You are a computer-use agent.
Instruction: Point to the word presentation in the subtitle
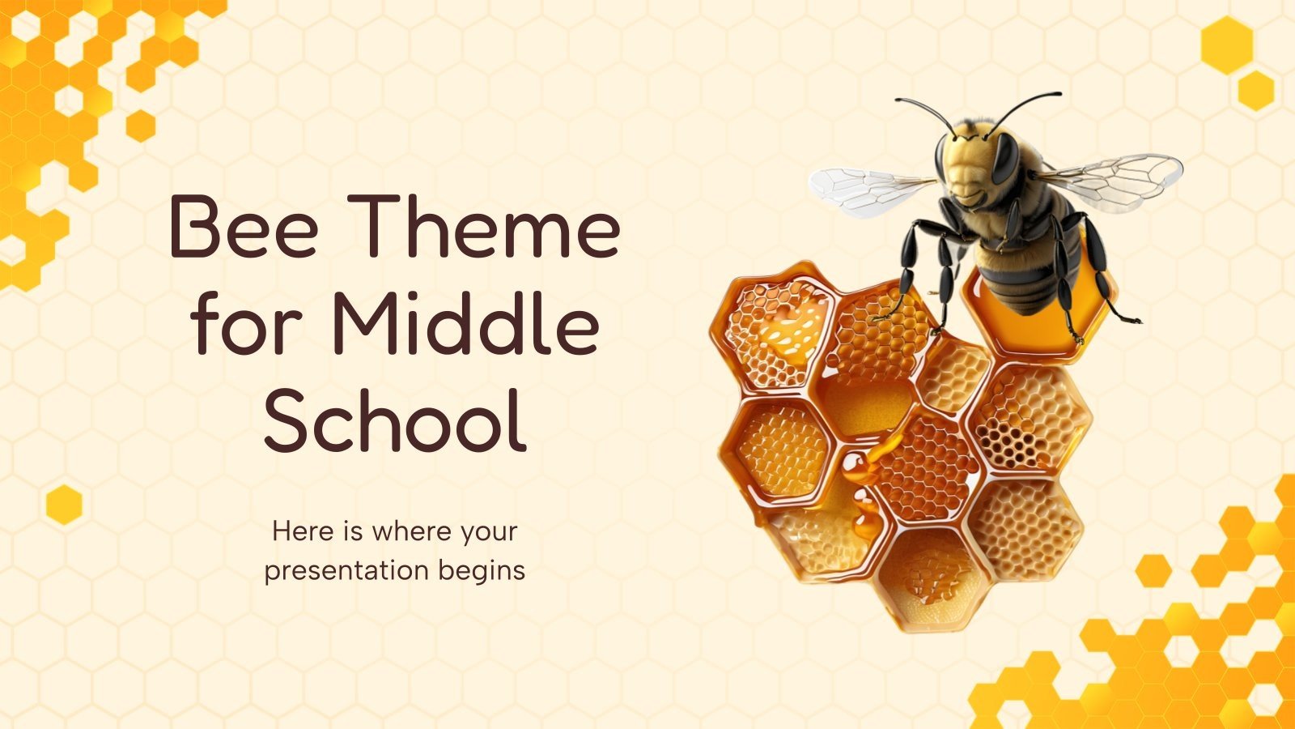click(x=347, y=570)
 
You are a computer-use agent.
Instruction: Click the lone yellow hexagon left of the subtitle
click(x=64, y=504)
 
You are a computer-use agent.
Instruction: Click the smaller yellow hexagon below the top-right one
click(x=1256, y=90)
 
